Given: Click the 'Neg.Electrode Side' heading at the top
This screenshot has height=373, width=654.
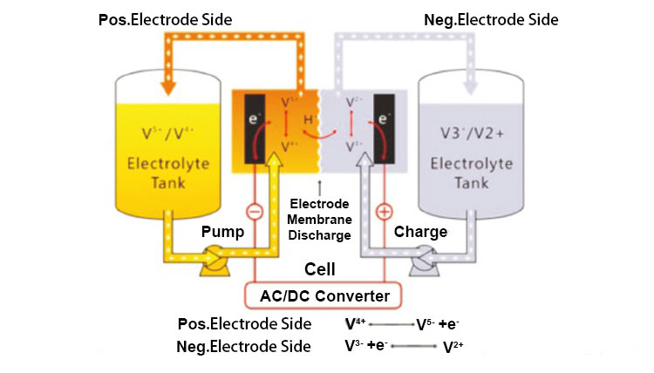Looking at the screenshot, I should (x=490, y=18).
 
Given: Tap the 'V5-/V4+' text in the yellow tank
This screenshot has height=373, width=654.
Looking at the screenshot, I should (x=168, y=134).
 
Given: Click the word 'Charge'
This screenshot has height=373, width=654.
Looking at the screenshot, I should (x=420, y=233).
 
